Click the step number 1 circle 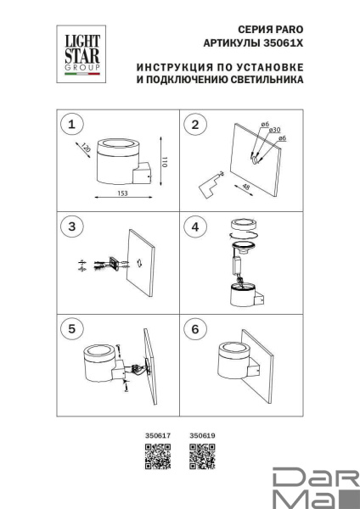[x=72, y=125]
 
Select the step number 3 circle [x=72, y=227]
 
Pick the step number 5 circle [x=72, y=328]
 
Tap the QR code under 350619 [x=200, y=458]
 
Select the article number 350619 [x=200, y=435]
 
